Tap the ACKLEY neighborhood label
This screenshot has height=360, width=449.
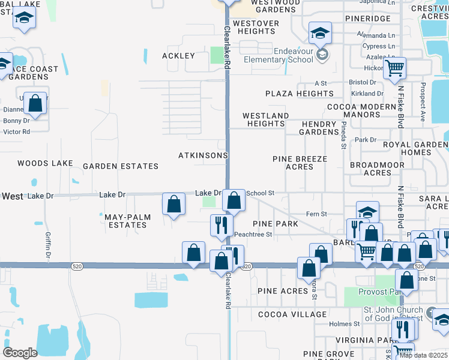tap(178, 56)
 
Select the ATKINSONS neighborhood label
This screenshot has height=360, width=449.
tap(203, 155)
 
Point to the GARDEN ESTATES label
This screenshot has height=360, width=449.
tap(121, 166)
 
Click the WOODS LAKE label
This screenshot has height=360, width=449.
tap(45, 163)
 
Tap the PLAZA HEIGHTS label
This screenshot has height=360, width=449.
tap(300, 94)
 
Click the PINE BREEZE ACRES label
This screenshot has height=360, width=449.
tap(300, 163)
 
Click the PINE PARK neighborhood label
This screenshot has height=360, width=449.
tap(276, 223)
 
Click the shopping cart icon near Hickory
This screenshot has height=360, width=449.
tap(394, 69)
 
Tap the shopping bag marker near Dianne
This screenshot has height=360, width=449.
tap(36, 104)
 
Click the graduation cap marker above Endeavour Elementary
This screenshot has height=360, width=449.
tap(321, 32)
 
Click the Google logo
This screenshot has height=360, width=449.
tap(20, 353)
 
